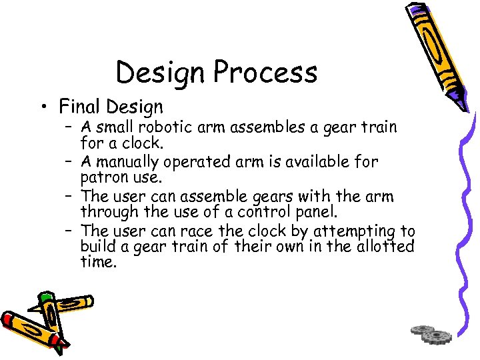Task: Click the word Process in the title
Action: [267, 72]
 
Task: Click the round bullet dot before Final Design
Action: [45, 107]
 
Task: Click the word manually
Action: [127, 161]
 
